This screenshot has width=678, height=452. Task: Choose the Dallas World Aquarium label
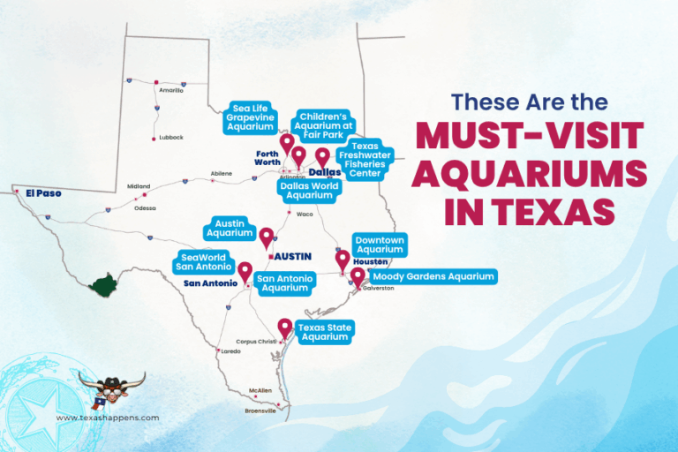coord(306,191)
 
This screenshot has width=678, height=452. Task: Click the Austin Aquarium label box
coord(230,229)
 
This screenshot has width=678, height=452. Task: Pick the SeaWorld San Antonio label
coord(202,262)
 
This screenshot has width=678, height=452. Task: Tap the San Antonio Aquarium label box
coord(284,282)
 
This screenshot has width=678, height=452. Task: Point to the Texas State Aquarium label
coord(323,332)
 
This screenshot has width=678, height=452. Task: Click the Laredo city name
coord(230,351)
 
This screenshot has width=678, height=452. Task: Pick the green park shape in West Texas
coord(104,285)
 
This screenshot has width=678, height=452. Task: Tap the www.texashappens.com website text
coord(108,418)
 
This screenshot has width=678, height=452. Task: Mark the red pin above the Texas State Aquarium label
coord(284,328)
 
